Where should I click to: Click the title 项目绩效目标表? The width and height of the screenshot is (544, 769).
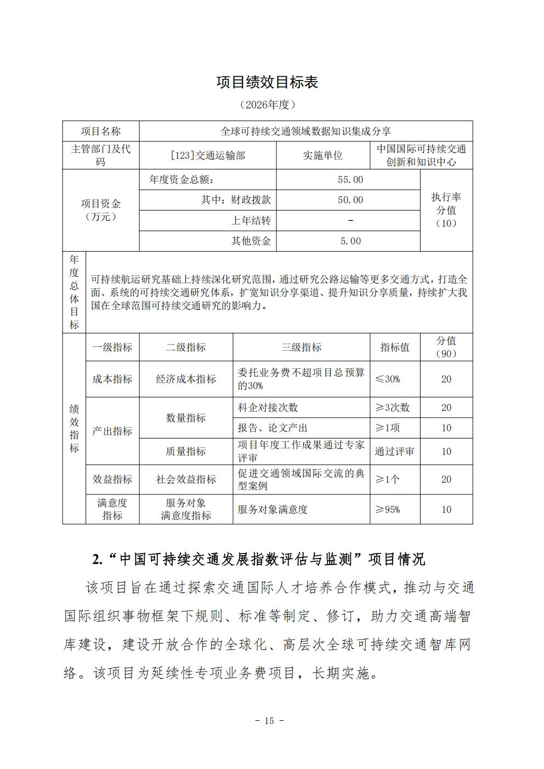pos(267,82)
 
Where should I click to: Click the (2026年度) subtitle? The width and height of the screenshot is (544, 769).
pos(267,105)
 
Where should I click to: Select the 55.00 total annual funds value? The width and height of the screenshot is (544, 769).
pos(350,180)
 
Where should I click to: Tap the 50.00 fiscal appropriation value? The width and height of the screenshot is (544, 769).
pos(350,200)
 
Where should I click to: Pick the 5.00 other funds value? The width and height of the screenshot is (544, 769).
pos(350,241)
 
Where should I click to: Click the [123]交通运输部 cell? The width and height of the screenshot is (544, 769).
pos(208,156)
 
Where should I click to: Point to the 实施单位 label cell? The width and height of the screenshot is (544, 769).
pos(323,156)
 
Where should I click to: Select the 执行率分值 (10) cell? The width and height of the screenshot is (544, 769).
pos(446,210)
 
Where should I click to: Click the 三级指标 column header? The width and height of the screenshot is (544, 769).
pos(301,347)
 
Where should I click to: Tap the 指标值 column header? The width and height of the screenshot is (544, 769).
pos(395,347)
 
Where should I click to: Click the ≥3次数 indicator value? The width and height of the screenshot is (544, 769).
pos(392,408)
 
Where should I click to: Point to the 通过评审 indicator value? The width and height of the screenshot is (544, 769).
pos(394,452)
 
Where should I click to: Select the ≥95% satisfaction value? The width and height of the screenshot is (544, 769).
pos(387,509)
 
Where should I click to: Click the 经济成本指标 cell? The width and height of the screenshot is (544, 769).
pos(186,379)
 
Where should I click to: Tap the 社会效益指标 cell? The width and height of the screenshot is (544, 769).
pos(186,480)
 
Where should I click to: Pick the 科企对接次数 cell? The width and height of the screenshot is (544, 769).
pos(268,408)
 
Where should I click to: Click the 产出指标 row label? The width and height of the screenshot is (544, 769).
pos(112,431)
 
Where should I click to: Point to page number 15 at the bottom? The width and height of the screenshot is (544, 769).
pos(269,721)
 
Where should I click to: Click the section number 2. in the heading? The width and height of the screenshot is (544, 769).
pos(98,559)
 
